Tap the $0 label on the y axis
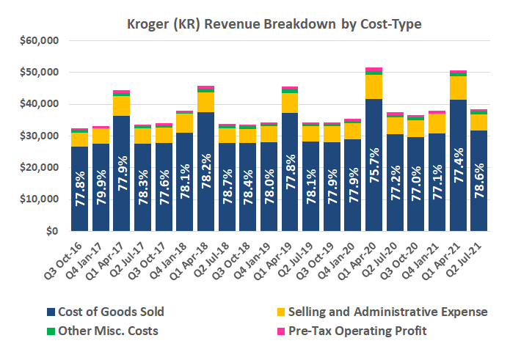(x=49, y=231)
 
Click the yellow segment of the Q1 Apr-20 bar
(x=373, y=87)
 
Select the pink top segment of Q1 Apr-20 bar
(x=373, y=70)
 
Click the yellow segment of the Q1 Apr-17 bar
(x=122, y=106)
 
